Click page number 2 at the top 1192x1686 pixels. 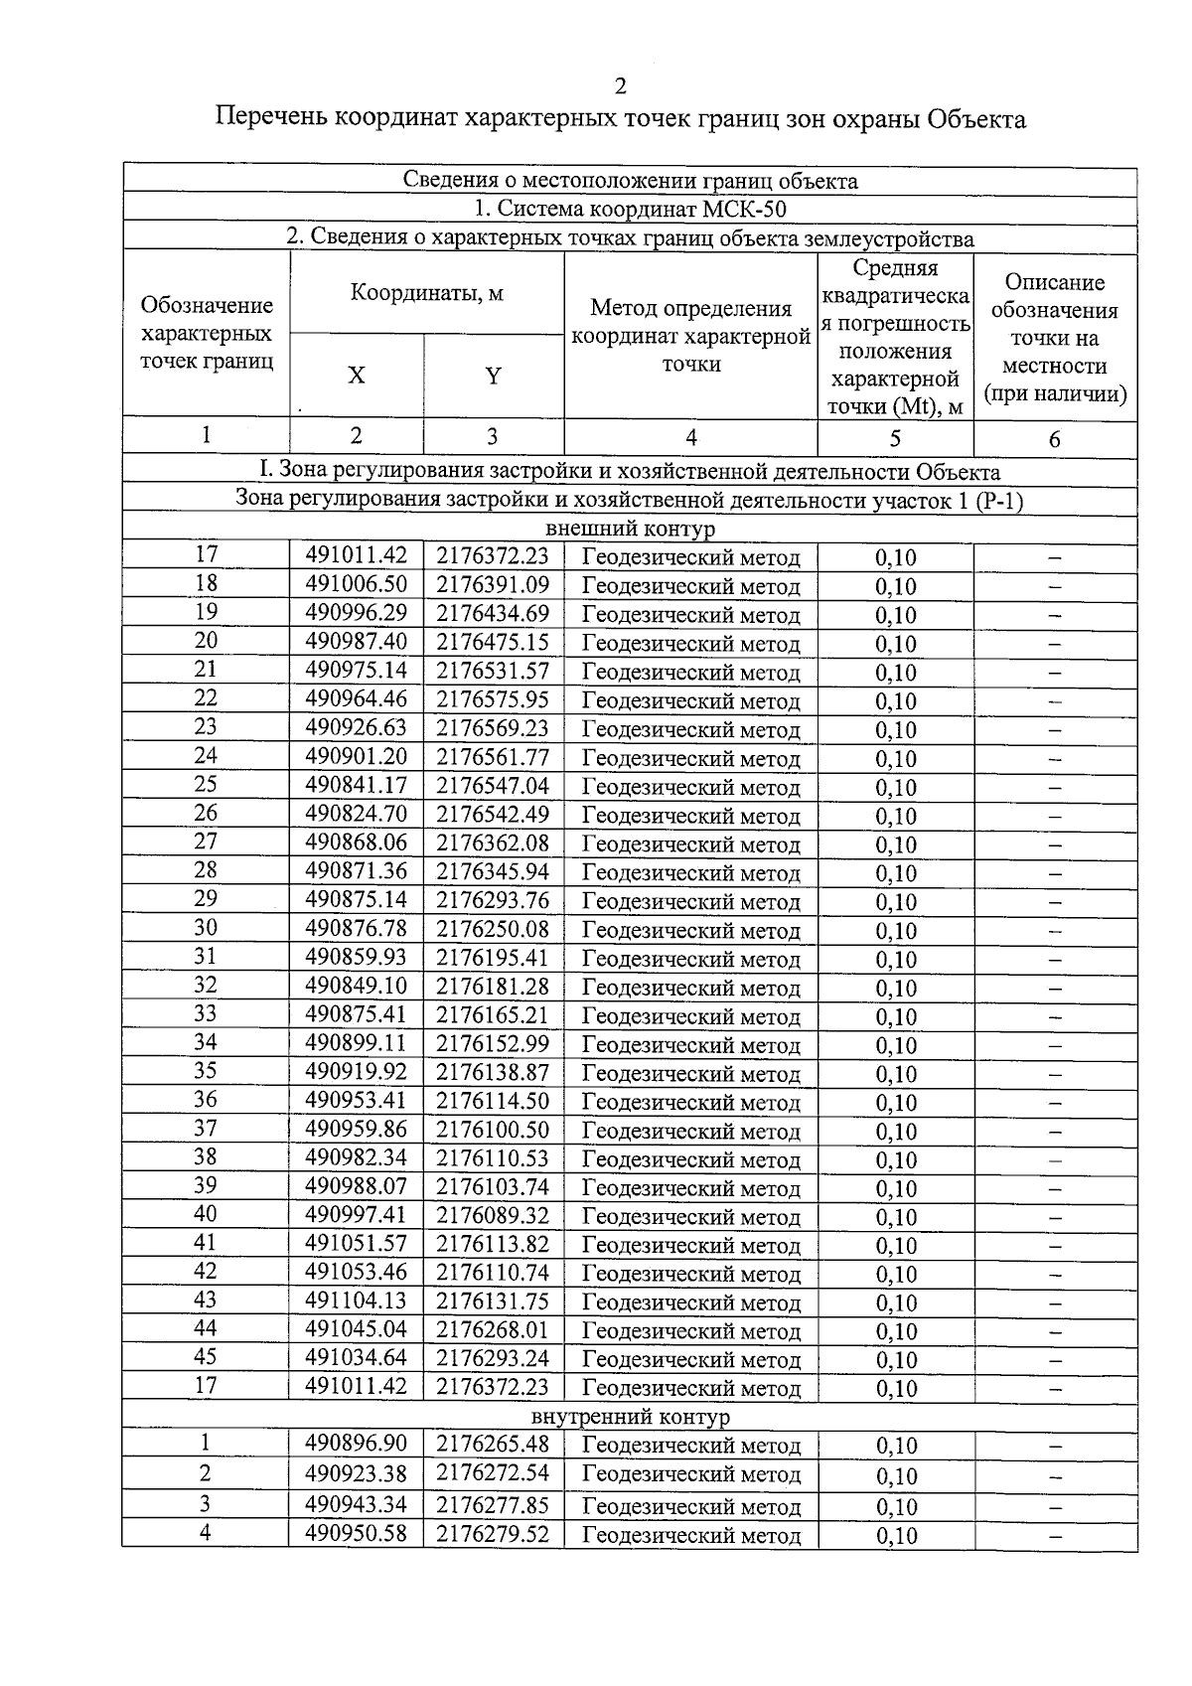tap(621, 86)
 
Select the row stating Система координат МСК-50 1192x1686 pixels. tap(630, 209)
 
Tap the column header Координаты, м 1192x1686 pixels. tap(427, 293)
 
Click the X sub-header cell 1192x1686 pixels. tap(356, 376)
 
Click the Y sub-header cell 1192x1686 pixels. tap(493, 376)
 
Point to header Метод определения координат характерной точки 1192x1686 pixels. tap(690, 336)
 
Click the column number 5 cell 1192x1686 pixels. tap(895, 438)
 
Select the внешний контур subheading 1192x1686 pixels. tap(630, 529)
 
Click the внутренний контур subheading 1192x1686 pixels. tap(630, 1416)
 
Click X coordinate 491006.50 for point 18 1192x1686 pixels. tap(356, 584)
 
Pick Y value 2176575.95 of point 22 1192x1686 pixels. tap(493, 699)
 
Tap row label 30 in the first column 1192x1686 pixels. tap(206, 928)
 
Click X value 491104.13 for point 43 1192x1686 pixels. tap(356, 1302)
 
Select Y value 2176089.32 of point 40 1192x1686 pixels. tap(493, 1215)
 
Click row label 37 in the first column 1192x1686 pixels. tap(206, 1129)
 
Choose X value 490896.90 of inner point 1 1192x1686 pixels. tap(356, 1445)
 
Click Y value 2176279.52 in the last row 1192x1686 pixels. tap(493, 1534)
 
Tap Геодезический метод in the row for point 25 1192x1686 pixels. tap(690, 787)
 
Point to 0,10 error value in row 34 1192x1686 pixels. tap(895, 1045)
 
